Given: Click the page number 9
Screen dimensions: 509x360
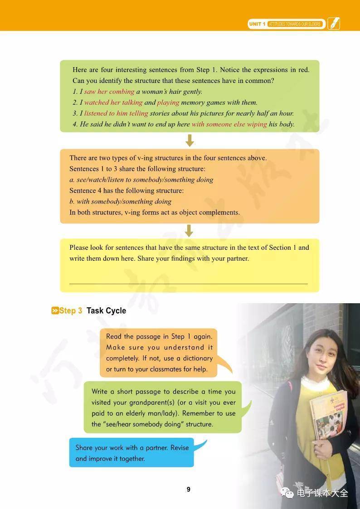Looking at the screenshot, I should [189, 489].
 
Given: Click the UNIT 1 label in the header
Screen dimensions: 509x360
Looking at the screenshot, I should [257, 24].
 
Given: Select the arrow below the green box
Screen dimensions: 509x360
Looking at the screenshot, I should [190, 141].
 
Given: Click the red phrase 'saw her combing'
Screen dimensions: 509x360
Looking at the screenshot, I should [109, 92].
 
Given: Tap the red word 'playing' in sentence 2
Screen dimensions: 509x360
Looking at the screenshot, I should [168, 102].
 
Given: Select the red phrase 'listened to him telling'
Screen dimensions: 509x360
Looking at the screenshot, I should [116, 113].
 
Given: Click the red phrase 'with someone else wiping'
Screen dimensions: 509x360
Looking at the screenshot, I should [229, 124].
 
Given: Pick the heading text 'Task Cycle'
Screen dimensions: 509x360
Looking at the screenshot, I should [106, 311].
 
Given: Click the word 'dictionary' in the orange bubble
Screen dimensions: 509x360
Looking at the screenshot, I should [197, 358].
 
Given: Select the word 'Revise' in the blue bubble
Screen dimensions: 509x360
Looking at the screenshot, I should [180, 447].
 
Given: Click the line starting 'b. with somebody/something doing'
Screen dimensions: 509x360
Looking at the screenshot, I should [121, 201].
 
